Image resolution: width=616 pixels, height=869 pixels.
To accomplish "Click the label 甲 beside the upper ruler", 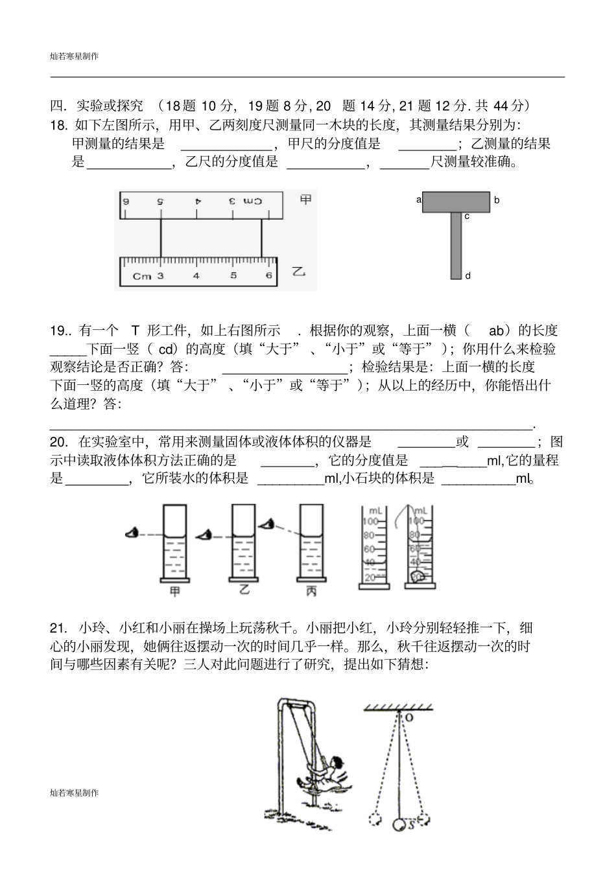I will [305, 200].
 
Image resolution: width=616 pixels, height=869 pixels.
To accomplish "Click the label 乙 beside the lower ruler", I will [298, 271].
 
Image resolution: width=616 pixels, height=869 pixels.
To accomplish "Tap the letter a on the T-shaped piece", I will [419, 200].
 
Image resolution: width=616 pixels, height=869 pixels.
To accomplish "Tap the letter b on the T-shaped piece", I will [497, 200].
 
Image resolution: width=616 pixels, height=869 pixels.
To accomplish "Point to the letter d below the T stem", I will [468, 275].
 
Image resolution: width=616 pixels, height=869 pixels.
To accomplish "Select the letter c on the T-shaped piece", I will [467, 216].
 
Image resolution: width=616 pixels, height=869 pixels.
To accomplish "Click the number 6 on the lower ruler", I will [268, 275].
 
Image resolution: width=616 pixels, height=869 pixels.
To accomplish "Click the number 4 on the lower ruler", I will [196, 275].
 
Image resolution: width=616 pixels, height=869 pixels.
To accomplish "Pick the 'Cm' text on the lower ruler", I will [142, 276].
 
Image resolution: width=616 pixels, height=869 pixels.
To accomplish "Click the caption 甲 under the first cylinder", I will [174, 590].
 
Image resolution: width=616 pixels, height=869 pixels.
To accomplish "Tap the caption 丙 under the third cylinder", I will [311, 590].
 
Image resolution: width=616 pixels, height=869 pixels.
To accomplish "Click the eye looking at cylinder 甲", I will [132, 533].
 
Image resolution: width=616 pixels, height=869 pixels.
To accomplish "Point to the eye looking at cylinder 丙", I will [266, 522].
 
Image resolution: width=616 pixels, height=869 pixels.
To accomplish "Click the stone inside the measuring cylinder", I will [420, 575].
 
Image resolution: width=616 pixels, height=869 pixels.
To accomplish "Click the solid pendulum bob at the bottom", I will [399, 825].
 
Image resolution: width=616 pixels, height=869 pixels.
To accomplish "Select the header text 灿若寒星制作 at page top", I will [75, 57].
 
